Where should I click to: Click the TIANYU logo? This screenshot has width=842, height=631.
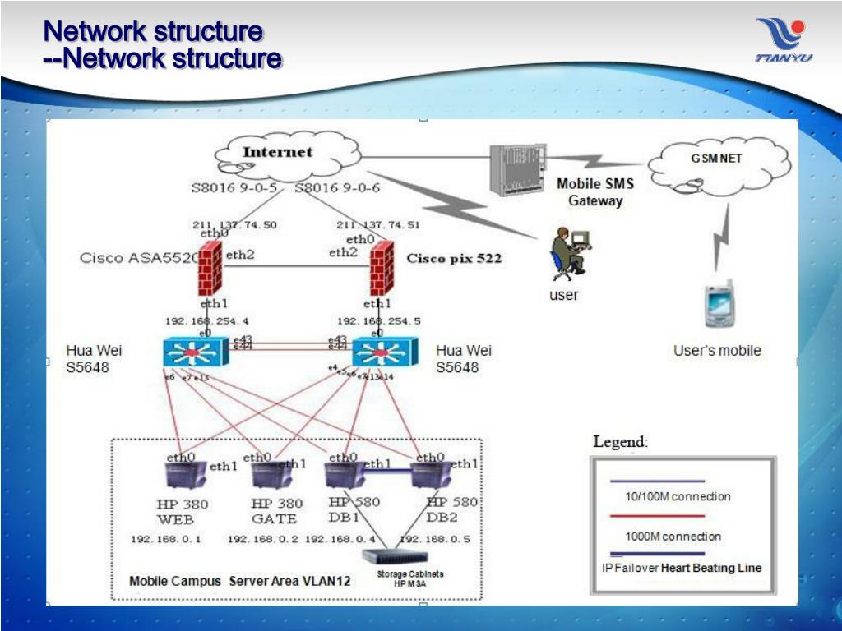784,40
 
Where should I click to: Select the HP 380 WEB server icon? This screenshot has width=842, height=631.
183,476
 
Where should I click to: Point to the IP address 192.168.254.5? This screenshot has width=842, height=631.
378,321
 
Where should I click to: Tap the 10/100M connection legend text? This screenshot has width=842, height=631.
678,496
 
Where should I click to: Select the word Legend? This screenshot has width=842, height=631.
620,442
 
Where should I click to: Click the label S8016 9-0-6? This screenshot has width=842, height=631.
337,188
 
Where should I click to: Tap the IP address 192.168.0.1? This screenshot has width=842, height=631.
166,540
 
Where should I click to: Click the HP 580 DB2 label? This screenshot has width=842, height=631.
449,510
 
